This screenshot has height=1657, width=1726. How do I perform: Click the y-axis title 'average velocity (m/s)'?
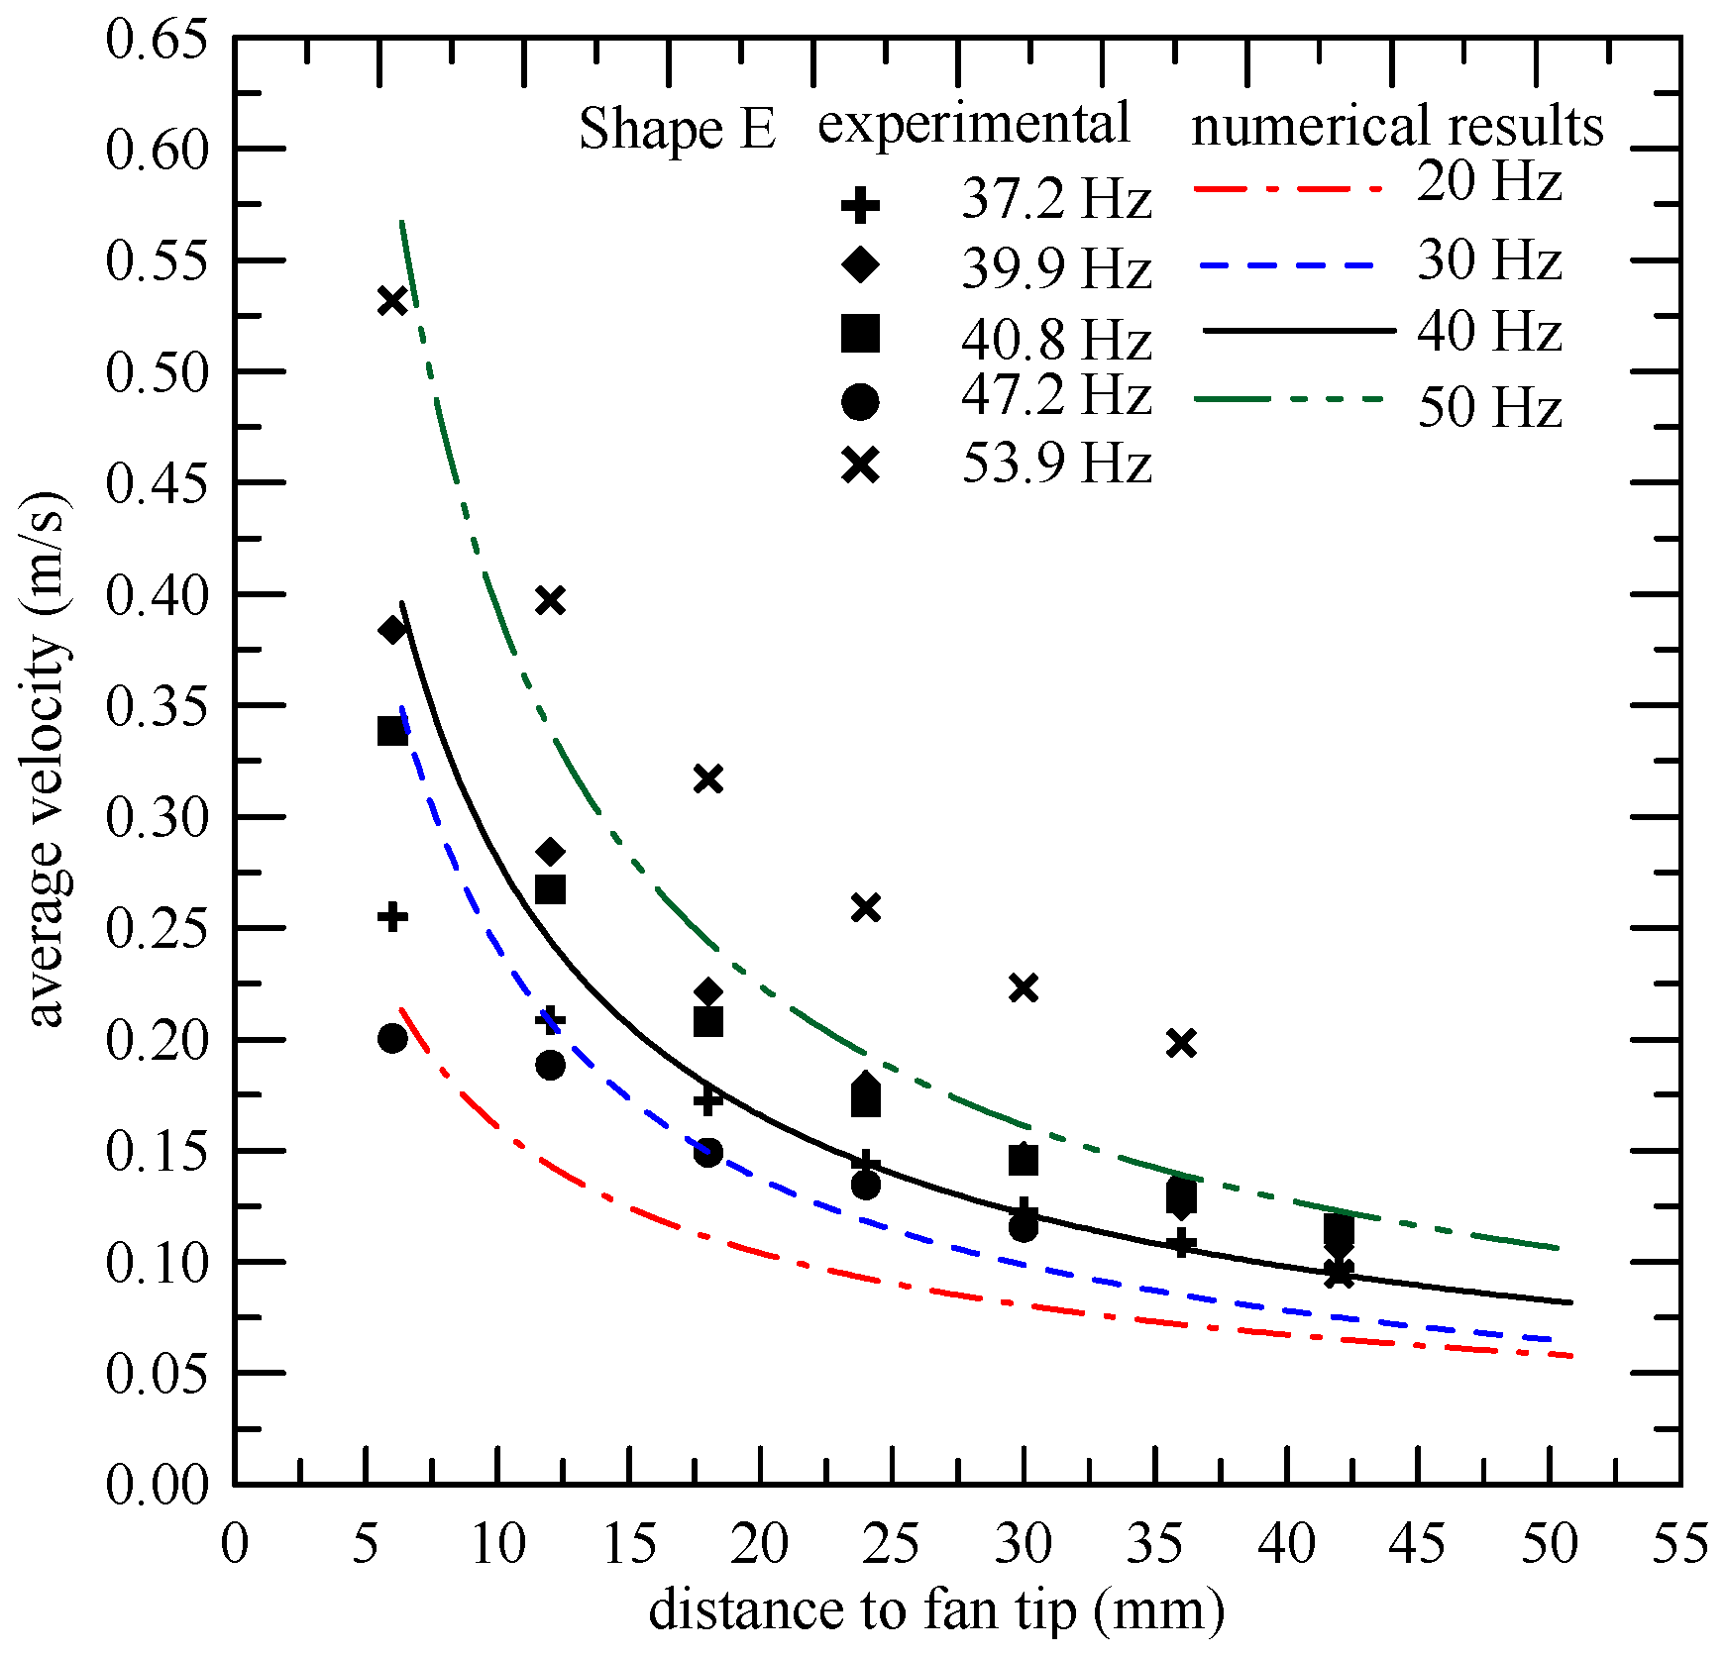click(48, 760)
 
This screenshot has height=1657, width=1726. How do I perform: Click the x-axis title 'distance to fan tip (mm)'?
click(936, 1608)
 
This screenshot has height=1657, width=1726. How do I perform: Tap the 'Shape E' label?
click(677, 129)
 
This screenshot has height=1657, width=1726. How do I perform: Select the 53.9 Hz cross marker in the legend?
click(860, 465)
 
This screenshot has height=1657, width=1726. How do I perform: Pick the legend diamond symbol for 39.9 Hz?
click(860, 264)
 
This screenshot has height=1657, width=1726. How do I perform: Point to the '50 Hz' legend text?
click(1489, 407)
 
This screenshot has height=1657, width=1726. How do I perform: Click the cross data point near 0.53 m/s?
click(393, 301)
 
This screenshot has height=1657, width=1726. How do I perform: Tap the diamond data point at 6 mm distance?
click(393, 630)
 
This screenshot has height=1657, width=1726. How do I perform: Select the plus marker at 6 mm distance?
click(393, 916)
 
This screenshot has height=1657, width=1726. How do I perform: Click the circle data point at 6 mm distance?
click(393, 1038)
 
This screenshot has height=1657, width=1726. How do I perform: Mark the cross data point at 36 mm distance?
click(1181, 1043)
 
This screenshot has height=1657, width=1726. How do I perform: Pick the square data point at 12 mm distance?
click(550, 889)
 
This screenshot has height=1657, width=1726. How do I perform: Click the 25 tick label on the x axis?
click(892, 1543)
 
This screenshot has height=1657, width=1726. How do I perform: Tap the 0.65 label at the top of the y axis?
click(158, 42)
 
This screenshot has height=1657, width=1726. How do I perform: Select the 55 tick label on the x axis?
click(1679, 1543)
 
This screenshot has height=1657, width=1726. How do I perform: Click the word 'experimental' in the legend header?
click(973, 125)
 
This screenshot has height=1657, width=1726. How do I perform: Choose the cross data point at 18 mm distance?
click(707, 778)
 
